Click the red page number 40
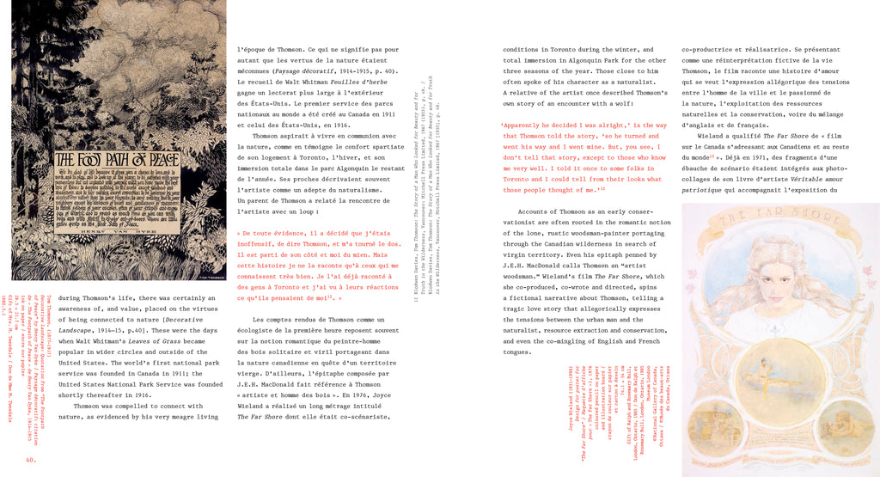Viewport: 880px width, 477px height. click(x=30, y=458)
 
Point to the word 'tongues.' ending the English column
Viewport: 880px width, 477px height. click(x=517, y=352)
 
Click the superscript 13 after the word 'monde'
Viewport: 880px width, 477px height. click(x=712, y=157)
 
